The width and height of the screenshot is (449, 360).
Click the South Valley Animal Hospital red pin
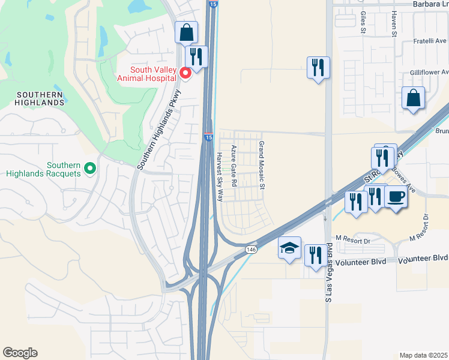coord(185,73)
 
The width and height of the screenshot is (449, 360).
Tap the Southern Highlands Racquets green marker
coord(90,168)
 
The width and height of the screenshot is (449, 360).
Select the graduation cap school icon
coord(289,248)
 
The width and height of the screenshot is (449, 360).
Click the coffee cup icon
coord(396,197)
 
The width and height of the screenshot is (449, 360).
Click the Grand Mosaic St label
coord(262,165)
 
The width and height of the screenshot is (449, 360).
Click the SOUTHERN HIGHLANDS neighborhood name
coord(40,99)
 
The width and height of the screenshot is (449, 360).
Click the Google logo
coord(20,353)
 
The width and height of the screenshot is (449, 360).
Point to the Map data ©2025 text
coord(423,355)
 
